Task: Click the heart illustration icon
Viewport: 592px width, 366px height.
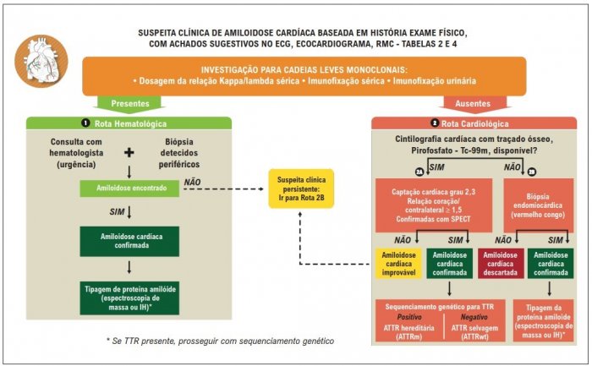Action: (41, 61)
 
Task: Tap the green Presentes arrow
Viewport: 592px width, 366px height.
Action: (130, 104)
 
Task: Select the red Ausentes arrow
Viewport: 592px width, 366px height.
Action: (473, 104)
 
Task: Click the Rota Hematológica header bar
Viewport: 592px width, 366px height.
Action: (129, 123)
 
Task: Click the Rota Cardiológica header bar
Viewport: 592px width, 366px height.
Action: (474, 123)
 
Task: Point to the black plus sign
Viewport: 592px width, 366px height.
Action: (129, 153)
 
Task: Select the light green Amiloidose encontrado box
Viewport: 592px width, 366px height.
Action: (129, 188)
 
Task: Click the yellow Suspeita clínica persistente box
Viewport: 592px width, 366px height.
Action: (301, 188)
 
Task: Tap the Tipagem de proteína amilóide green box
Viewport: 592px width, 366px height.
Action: (129, 298)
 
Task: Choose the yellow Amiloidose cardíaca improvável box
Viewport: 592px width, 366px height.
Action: (398, 264)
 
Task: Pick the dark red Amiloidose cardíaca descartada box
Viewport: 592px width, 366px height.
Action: (501, 264)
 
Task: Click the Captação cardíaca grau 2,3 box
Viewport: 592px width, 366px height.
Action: (434, 205)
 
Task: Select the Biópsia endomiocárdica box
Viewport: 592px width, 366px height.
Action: (539, 205)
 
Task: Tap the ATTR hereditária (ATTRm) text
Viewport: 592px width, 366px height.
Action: (408, 332)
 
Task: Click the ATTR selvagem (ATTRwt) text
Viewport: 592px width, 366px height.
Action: (474, 332)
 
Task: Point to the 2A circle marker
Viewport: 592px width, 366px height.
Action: (419, 172)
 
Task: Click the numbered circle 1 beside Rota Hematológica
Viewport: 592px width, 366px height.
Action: (85, 123)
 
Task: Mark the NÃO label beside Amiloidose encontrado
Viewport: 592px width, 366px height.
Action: (192, 183)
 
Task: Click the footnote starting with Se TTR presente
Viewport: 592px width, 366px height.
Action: (220, 341)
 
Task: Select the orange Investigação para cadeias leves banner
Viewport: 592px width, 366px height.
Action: (304, 76)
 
